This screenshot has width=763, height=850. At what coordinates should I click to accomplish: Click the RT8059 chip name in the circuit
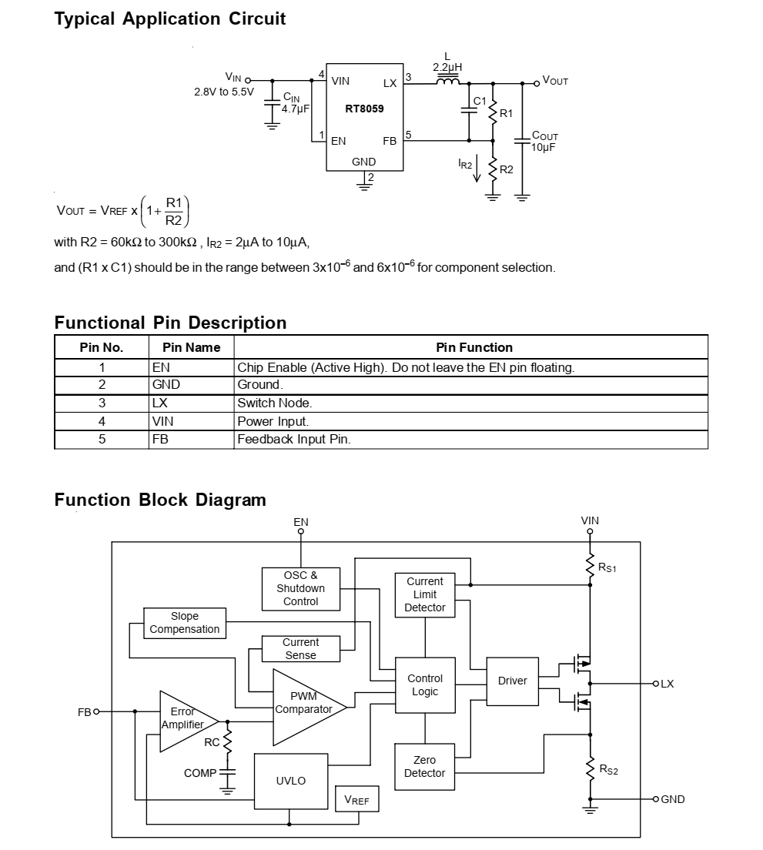click(x=364, y=109)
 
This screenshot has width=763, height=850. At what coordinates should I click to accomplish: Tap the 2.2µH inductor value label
click(x=447, y=68)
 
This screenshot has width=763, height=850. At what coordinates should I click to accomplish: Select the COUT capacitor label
click(x=544, y=136)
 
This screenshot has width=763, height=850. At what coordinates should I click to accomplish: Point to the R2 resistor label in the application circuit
click(x=506, y=169)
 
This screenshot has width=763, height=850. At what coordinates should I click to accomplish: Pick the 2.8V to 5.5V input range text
click(x=223, y=92)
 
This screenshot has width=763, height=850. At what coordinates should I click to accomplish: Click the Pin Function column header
click(x=474, y=347)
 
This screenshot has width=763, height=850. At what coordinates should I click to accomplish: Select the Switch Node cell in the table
click(x=275, y=403)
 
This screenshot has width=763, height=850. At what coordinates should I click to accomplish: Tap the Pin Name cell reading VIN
click(x=163, y=421)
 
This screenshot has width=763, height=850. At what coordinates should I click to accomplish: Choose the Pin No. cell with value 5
click(x=102, y=439)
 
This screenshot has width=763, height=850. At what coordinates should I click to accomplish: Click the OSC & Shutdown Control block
click(x=300, y=588)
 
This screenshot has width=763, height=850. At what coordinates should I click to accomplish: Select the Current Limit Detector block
click(x=425, y=594)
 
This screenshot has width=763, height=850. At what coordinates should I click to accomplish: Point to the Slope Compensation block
click(x=185, y=623)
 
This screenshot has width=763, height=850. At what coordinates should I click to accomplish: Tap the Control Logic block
click(x=425, y=684)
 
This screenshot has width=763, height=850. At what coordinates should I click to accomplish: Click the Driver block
click(x=512, y=681)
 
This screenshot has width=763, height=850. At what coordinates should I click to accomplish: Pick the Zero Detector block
click(x=425, y=766)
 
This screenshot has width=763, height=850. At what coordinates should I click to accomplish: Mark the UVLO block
click(x=291, y=781)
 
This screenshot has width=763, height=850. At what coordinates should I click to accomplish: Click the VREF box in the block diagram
click(x=356, y=801)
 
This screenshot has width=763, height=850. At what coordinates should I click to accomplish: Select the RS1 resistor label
click(x=607, y=567)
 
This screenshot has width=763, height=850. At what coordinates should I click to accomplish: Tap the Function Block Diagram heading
click(x=160, y=500)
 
